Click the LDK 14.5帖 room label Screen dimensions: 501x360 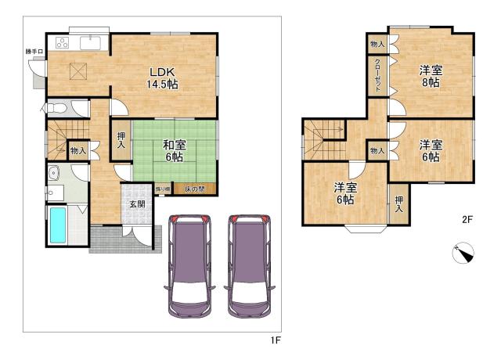(x=163, y=78)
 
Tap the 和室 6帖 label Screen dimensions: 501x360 (x=174, y=151)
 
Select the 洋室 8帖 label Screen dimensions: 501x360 (x=431, y=76)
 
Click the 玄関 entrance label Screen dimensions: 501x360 (x=138, y=203)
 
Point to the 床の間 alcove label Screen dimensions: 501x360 (x=195, y=189)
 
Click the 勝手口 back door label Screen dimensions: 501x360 (x=34, y=51)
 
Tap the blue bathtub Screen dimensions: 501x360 (x=58, y=225)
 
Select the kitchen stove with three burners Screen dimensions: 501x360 (x=63, y=43)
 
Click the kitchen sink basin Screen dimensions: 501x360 (x=91, y=43)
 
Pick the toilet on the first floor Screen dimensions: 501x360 (x=56, y=108)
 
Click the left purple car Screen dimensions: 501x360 (x=189, y=266)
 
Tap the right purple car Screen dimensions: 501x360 (x=249, y=266)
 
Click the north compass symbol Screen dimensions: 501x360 (x=463, y=253)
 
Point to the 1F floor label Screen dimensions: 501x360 (x=276, y=340)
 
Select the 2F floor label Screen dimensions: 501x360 (x=467, y=219)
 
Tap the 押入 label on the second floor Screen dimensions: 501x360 (x=398, y=204)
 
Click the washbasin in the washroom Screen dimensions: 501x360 (x=54, y=173)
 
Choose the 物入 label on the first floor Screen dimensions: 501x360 (x=78, y=150)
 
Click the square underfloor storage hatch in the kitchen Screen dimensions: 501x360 (x=78, y=71)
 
